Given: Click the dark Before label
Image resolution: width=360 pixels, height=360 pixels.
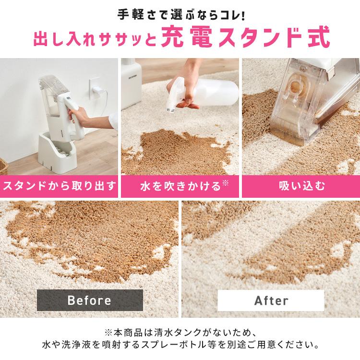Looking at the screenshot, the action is (90, 300).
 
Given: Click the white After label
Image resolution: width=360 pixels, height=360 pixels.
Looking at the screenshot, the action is (271, 300).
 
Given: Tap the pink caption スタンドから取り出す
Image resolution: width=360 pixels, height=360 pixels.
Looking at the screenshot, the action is (59, 186).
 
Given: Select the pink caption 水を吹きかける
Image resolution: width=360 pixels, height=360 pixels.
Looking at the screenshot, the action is (180, 186).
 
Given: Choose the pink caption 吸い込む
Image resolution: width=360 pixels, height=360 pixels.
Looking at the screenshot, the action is (301, 186).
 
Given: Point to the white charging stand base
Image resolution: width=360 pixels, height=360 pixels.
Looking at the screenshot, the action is (57, 154).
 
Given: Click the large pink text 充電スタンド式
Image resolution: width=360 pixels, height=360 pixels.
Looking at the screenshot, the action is (245, 38).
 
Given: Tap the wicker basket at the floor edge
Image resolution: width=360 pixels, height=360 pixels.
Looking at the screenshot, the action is (3, 166).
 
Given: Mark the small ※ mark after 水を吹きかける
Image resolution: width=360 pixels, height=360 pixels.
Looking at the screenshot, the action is (226, 183).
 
